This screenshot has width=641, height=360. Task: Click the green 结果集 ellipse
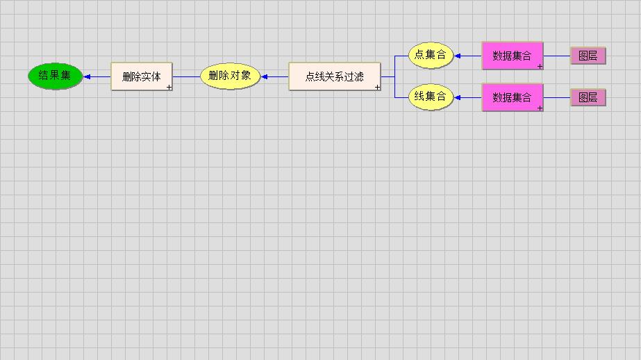coord(55,76)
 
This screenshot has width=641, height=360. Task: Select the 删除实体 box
coord(142,76)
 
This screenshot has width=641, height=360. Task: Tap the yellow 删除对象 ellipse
coord(230,76)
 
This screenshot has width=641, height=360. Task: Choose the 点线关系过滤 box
coord(335,76)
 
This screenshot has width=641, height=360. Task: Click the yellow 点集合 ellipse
coord(431,55)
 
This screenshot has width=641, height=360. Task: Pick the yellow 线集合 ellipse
coord(431,97)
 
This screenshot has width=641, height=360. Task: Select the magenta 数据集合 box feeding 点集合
coord(513,56)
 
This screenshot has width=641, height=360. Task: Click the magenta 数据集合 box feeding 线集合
coord(513,97)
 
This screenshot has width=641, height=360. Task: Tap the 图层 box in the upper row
coord(588,56)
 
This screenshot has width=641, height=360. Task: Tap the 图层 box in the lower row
coord(588,97)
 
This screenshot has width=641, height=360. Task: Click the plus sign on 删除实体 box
coord(169,88)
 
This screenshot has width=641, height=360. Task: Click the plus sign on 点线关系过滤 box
coord(378,88)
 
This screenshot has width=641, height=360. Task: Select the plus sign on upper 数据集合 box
coord(540,67)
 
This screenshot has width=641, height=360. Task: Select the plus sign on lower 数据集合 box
coord(540,108)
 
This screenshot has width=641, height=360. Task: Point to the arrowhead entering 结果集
coord(88,76)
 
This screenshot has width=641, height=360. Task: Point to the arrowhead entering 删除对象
coord(265,76)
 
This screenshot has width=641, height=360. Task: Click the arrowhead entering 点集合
coord(458,56)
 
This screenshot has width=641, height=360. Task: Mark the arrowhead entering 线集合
coord(458,97)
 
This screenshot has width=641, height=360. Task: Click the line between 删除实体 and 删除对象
coord(186,76)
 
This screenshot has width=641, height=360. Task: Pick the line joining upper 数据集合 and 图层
coord(557,56)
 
